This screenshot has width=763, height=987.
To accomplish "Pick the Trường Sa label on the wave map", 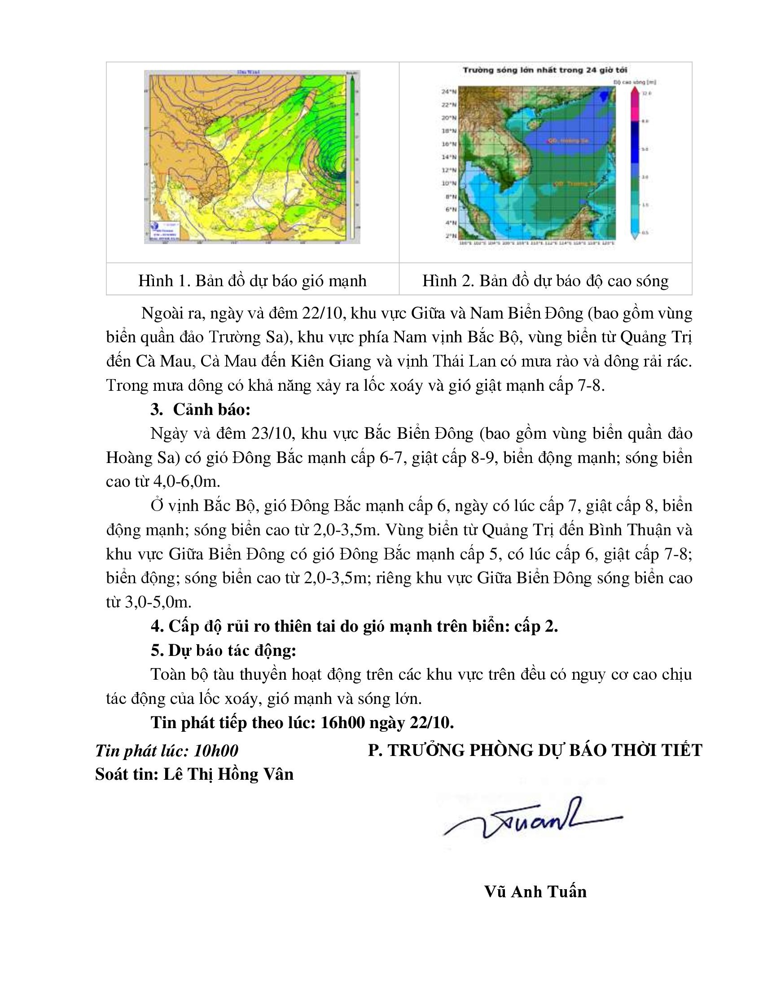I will tap(574, 183).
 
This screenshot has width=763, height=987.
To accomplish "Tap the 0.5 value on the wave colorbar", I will tap(645, 233).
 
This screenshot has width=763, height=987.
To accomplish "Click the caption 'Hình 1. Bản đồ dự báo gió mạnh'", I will tap(252, 281).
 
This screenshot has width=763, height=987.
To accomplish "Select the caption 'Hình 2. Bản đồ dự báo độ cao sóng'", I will tap(545, 281).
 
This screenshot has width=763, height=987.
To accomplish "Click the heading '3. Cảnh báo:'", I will tap(200, 410).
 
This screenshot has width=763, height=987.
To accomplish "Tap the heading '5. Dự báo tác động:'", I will tap(224, 651).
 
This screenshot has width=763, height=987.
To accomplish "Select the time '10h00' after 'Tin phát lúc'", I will tap(215, 751).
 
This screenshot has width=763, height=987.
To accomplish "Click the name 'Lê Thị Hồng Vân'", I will tap(228, 775).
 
